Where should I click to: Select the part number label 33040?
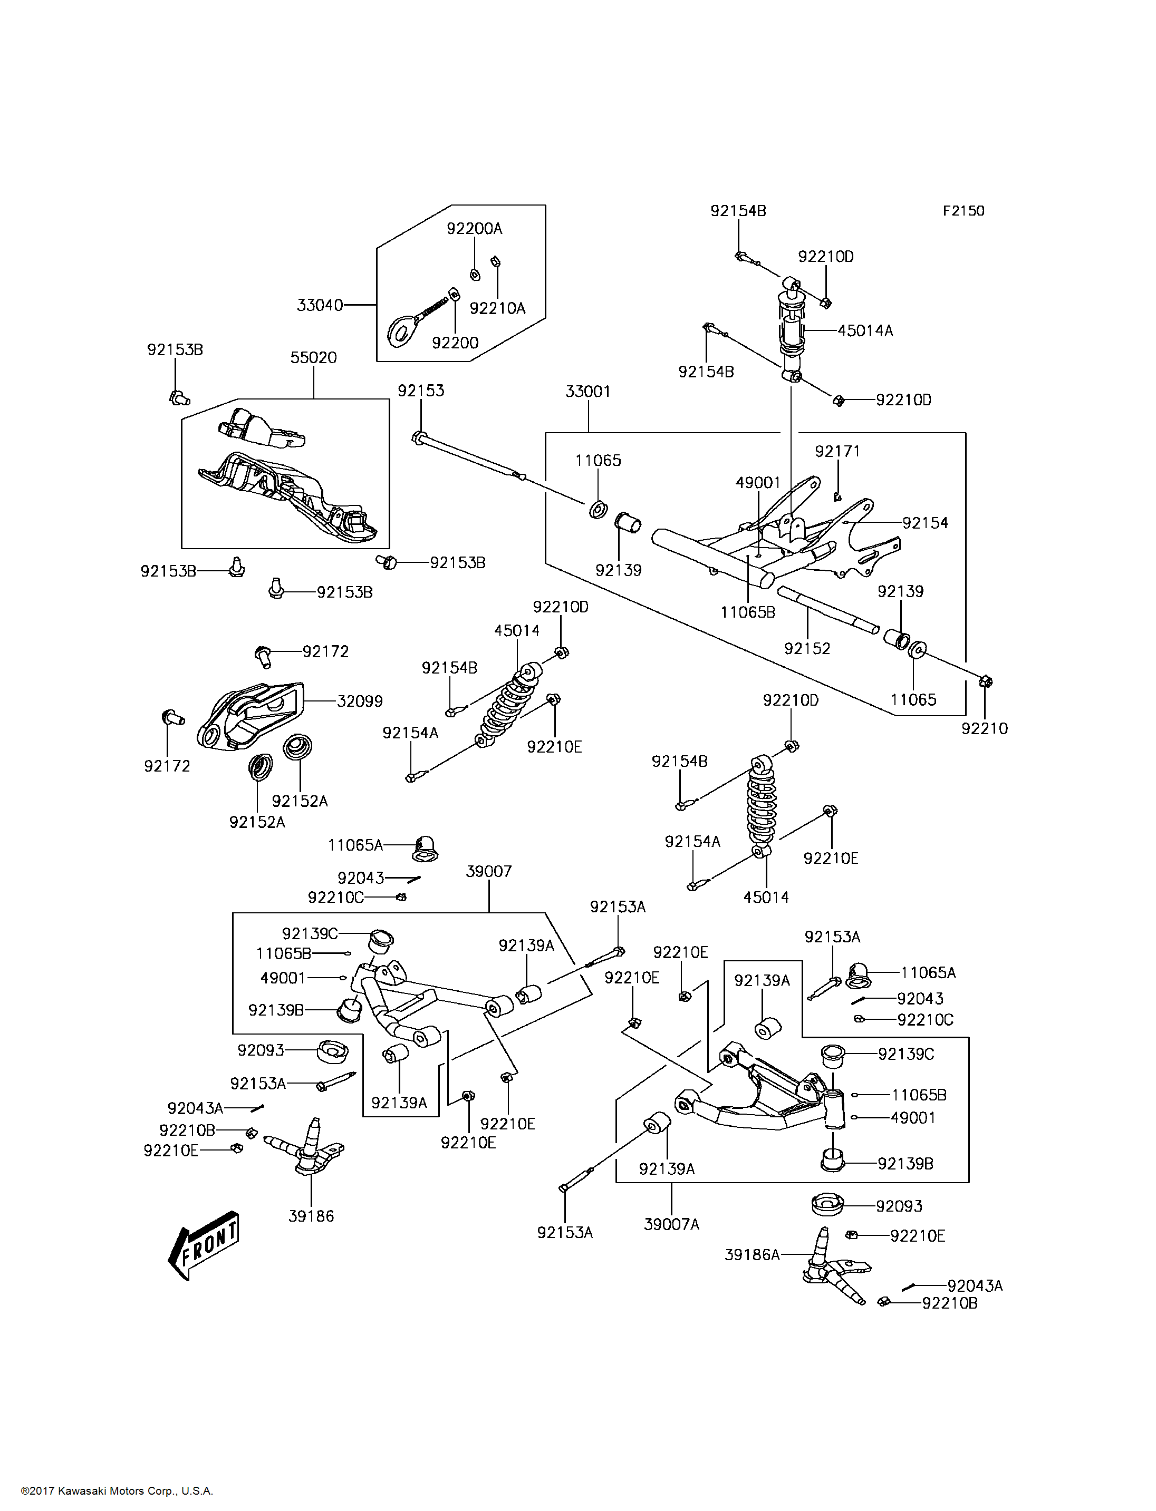click(x=319, y=305)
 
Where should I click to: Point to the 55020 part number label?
click(x=314, y=358)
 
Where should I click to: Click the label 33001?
click(x=589, y=392)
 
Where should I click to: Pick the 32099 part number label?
click(x=359, y=701)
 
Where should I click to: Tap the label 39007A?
click(x=671, y=1224)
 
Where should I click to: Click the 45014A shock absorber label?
click(x=865, y=331)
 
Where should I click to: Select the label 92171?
click(x=837, y=451)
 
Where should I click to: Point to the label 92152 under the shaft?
click(x=807, y=649)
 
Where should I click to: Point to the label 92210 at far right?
click(x=985, y=729)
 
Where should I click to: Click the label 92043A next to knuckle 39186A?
click(x=975, y=1286)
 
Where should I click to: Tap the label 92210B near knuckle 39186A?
click(x=950, y=1303)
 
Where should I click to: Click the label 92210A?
click(x=497, y=309)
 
